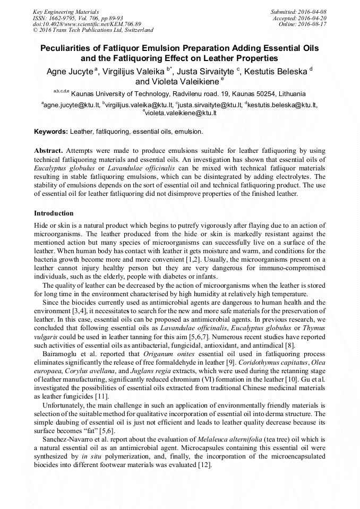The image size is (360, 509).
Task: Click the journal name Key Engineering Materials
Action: pos(65,11)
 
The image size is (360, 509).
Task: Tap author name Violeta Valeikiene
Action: pos(178,82)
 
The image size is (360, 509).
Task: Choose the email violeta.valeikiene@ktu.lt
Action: pos(181,113)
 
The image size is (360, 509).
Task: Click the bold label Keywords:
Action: pos(51,131)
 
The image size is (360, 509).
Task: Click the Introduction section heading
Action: pos(54,213)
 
